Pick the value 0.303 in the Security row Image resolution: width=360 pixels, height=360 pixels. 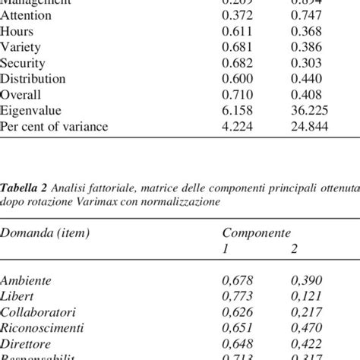coord(306,63)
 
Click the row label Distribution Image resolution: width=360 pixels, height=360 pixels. coord(33,78)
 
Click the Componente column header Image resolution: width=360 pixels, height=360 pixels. coord(255,233)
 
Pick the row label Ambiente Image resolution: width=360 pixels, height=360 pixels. coord(27,280)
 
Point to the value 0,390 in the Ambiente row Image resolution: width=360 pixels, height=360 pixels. coord(307,280)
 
